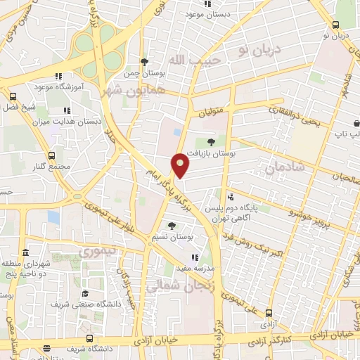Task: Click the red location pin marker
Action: [x=181, y=165]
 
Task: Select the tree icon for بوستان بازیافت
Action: [x=212, y=142]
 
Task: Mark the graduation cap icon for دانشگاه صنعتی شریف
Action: [x=85, y=293]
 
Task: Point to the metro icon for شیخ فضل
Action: [x=12, y=96]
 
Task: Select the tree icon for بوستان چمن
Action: [x=144, y=62]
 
